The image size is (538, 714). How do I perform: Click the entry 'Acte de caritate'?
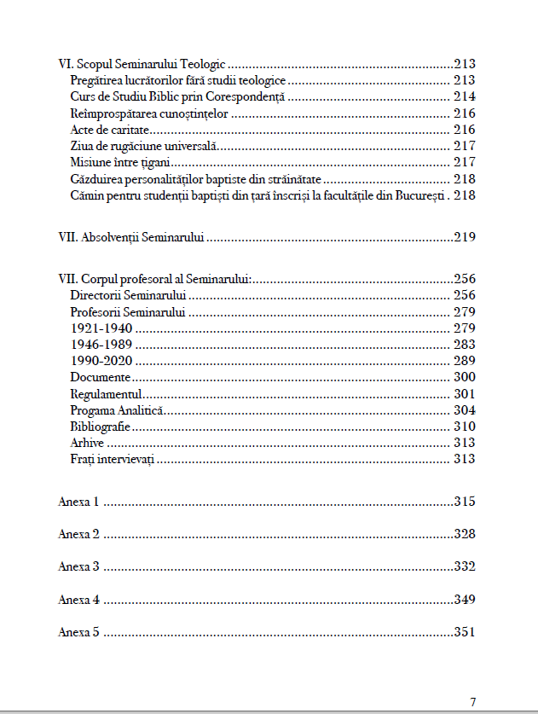(110, 130)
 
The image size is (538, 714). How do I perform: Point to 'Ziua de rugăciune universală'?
(134, 146)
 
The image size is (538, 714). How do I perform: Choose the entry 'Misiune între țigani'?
(121, 162)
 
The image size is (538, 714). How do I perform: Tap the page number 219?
(464, 237)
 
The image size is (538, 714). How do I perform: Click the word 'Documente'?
(101, 377)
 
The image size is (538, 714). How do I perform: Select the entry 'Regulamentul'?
(106, 394)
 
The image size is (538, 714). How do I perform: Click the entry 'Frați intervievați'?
(112, 460)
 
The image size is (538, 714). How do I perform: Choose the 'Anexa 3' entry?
(79, 567)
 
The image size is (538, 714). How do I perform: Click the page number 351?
(464, 633)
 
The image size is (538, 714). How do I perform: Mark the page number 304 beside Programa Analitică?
(464, 410)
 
